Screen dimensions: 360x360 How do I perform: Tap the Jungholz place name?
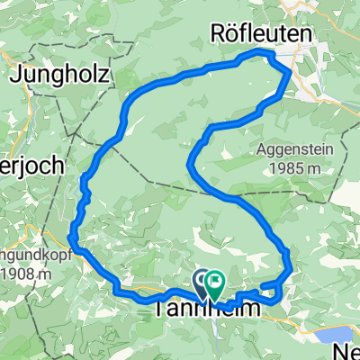(61, 76)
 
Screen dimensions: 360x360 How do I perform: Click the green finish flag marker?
(215, 284)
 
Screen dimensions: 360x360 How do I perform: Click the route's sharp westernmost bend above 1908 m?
(70, 238)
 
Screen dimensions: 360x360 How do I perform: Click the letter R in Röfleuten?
(216, 33)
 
